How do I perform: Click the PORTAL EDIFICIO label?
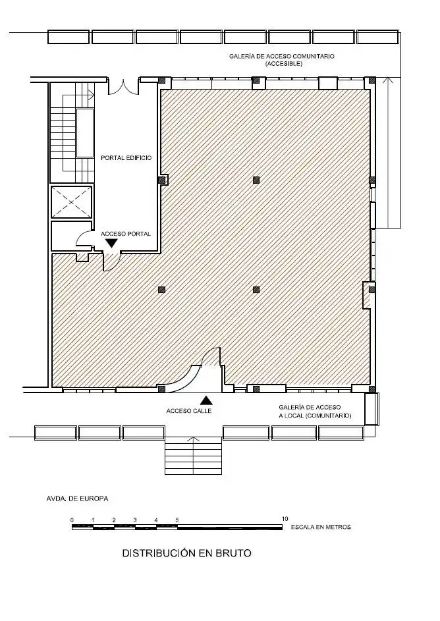click(x=126, y=157)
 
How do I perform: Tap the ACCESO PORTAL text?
click(x=126, y=234)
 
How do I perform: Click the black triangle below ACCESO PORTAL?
click(x=112, y=243)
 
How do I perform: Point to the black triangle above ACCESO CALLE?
click(x=206, y=400)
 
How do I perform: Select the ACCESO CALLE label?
click(x=189, y=411)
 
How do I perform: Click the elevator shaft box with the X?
click(x=72, y=202)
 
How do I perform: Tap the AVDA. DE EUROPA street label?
click(x=77, y=499)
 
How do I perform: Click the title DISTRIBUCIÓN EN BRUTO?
click(x=186, y=553)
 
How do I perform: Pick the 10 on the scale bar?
click(x=285, y=519)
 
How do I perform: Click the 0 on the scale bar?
click(x=72, y=520)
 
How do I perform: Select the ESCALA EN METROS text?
click(x=321, y=527)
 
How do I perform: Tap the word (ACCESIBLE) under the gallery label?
click(x=284, y=63)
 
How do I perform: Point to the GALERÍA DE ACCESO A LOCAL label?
click(x=315, y=412)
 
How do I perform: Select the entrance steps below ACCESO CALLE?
click(x=193, y=456)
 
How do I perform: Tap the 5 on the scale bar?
click(x=177, y=520)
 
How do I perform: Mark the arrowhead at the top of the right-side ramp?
click(x=389, y=80)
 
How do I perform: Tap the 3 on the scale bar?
click(x=135, y=520)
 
